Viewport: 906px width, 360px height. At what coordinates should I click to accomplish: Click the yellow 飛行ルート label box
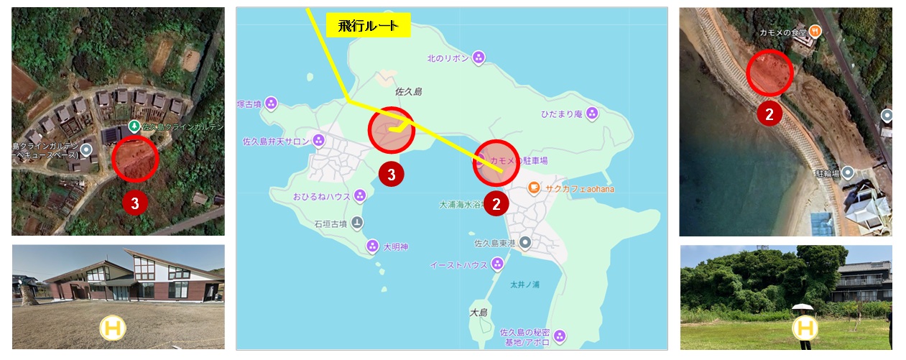coord(368,25)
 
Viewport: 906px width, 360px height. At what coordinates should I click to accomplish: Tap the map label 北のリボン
coord(448,57)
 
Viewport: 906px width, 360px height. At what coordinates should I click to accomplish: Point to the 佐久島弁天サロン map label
coord(276,142)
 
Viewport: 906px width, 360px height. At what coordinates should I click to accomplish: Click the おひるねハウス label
coord(321,196)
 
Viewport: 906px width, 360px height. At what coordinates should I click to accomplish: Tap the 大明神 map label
coord(395,246)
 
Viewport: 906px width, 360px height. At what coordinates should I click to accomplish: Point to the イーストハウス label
coord(458,265)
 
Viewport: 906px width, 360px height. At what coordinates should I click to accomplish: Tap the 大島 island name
coord(479,313)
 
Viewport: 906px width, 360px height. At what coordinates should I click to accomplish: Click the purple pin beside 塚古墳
coord(271,103)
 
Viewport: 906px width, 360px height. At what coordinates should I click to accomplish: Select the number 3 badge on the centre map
coord(391,173)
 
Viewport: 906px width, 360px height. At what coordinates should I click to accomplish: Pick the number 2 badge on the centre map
coord(496,203)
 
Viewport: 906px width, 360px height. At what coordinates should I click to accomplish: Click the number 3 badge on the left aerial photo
coord(134,203)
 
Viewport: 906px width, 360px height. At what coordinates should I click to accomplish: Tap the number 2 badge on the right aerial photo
coord(769,114)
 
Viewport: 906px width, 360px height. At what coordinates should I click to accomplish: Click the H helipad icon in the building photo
coord(112,328)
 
